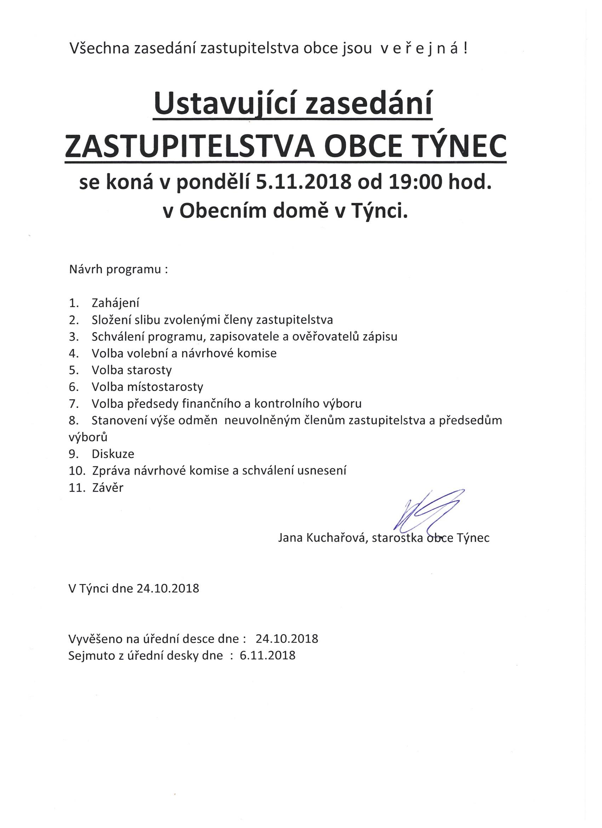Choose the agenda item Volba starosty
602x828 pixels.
click(131, 370)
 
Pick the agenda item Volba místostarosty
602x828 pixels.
click(147, 387)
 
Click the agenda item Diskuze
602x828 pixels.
click(113, 454)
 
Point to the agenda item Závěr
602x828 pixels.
click(108, 487)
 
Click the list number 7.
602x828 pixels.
click(73, 404)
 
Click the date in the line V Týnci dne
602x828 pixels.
click(168, 589)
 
